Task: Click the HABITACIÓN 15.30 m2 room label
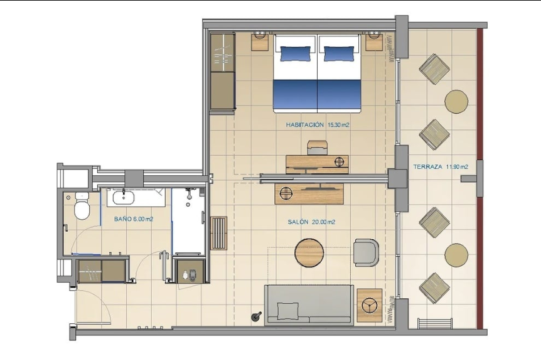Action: click(x=318, y=124)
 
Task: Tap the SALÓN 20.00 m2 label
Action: click(x=311, y=222)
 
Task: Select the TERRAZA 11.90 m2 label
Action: click(x=441, y=167)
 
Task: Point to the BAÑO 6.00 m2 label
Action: click(x=134, y=219)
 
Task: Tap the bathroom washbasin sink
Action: click(x=123, y=197)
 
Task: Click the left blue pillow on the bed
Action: click(x=295, y=54)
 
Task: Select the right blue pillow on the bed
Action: click(x=339, y=54)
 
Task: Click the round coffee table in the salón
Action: click(x=309, y=253)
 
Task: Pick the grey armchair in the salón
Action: click(x=366, y=252)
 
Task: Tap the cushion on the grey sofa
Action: click(x=287, y=310)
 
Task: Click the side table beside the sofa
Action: click(x=370, y=305)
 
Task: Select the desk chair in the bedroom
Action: click(x=317, y=148)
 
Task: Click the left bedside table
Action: click(x=260, y=41)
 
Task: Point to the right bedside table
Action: click(x=374, y=41)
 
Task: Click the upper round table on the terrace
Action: click(x=456, y=102)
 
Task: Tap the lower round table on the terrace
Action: click(x=456, y=255)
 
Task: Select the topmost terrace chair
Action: click(x=434, y=69)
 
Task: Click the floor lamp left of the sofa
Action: click(x=256, y=316)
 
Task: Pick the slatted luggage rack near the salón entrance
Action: click(x=218, y=234)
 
